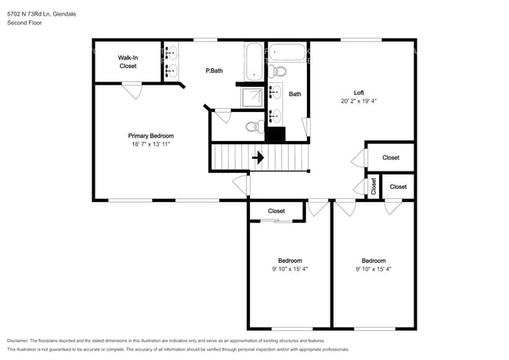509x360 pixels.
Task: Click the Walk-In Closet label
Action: [128, 62]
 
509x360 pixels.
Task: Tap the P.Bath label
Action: [215, 70]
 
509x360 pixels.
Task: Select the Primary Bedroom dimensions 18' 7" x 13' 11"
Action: [151, 144]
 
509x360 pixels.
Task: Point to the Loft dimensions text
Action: [359, 101]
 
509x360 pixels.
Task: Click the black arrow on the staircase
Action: [258, 157]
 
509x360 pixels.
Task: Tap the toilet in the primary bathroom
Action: [254, 127]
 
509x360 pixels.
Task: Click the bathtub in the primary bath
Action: [254, 62]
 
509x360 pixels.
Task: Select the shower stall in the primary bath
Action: [252, 97]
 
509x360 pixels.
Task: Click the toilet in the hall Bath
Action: [277, 70]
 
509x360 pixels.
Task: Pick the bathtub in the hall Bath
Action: [287, 52]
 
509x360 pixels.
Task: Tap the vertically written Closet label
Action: [374, 186]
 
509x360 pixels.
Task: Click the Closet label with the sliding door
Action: [276, 211]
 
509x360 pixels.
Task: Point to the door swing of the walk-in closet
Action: [132, 91]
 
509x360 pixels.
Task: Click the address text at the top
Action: [42, 14]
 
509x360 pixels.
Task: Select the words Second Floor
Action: [24, 23]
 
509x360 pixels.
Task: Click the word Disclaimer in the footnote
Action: [18, 340]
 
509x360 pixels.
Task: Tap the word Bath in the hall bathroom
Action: [294, 94]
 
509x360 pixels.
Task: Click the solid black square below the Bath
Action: [276, 135]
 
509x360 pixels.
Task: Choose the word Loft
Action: [359, 92]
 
